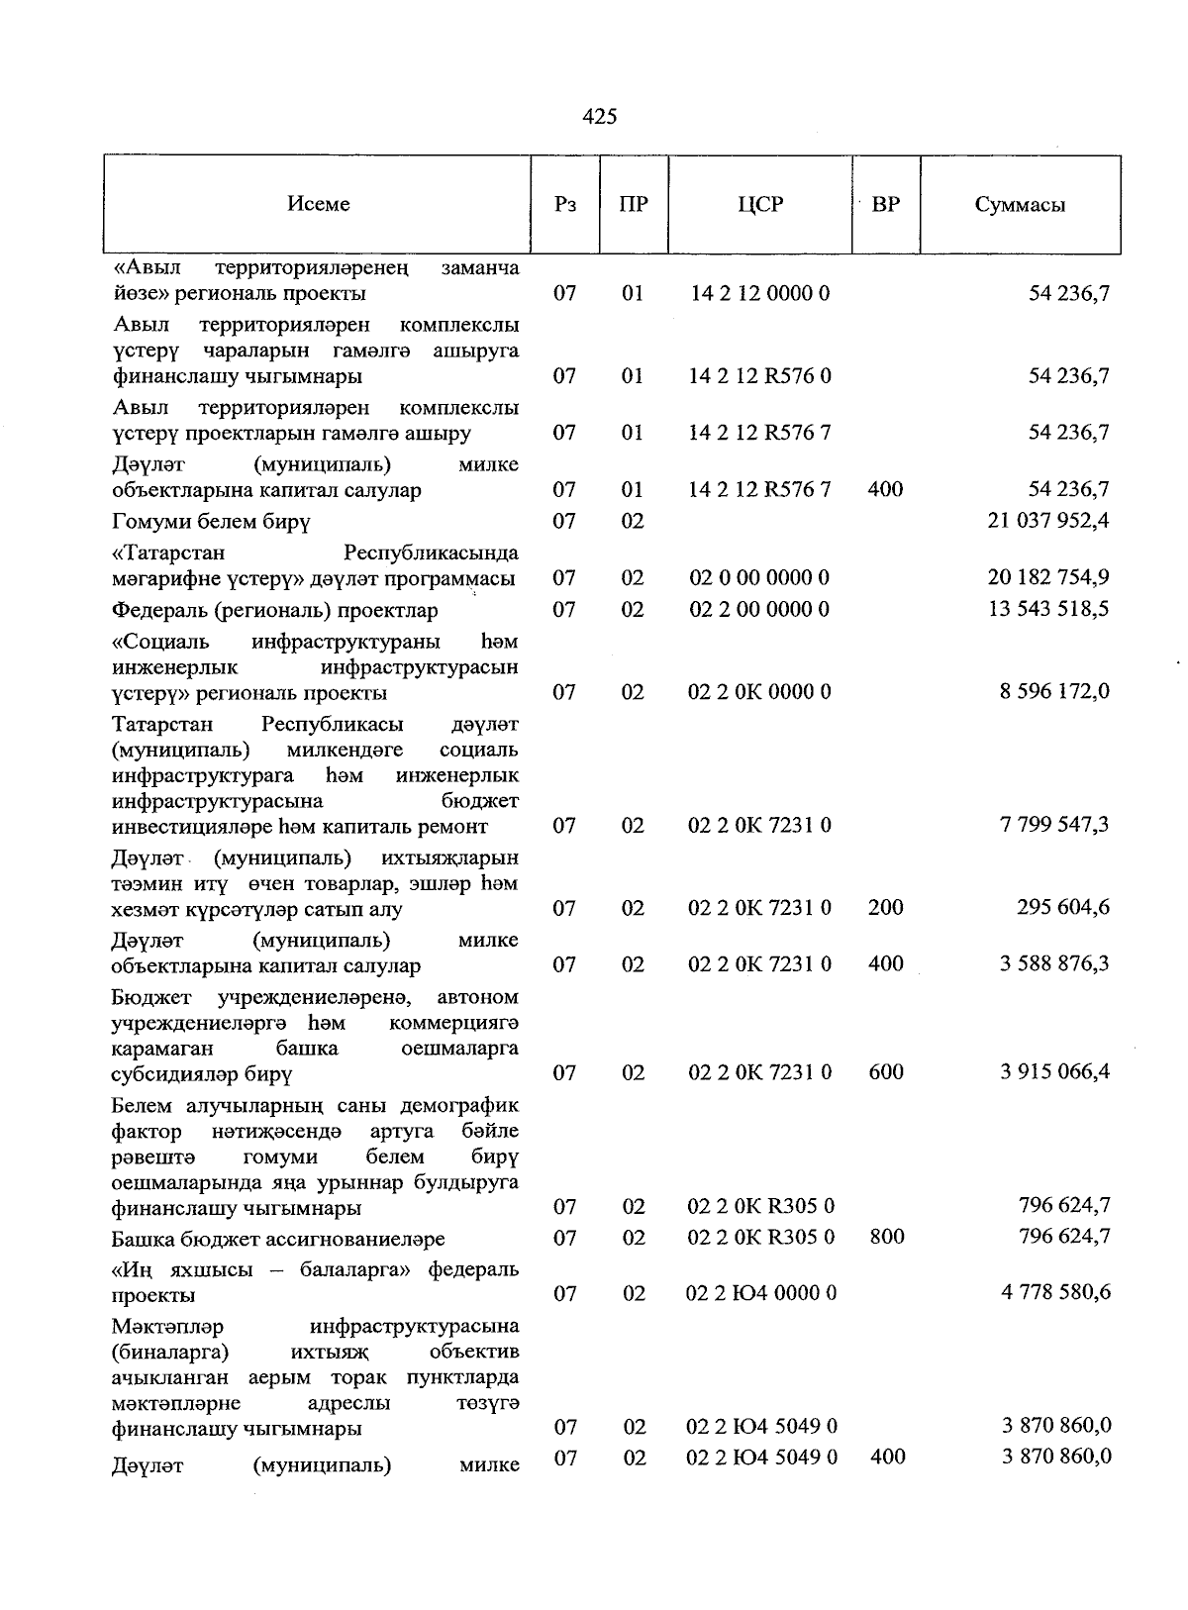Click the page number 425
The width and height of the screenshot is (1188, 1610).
click(x=600, y=117)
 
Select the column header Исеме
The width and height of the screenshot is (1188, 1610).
click(x=319, y=204)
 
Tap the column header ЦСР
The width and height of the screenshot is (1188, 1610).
click(x=760, y=204)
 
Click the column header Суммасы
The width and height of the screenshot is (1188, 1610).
click(x=1020, y=205)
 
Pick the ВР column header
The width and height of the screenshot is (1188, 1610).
click(x=885, y=205)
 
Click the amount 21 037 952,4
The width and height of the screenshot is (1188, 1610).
click(x=1048, y=521)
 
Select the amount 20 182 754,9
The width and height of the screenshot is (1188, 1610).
click(x=1048, y=577)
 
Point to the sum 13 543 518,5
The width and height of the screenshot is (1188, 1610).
click(x=1048, y=609)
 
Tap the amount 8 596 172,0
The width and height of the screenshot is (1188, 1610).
click(x=1054, y=691)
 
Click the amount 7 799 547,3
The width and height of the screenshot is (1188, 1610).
click(x=1054, y=825)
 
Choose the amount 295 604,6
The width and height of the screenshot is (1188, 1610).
click(x=1062, y=908)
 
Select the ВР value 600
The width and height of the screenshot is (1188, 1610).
click(x=885, y=1072)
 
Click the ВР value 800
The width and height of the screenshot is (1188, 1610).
click(x=885, y=1238)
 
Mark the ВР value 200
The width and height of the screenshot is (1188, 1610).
click(x=885, y=908)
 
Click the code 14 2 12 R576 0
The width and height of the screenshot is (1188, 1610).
click(x=760, y=376)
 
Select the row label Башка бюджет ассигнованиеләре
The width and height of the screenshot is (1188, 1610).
click(x=278, y=1239)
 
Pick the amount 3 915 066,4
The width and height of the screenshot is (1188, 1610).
click(x=1054, y=1072)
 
